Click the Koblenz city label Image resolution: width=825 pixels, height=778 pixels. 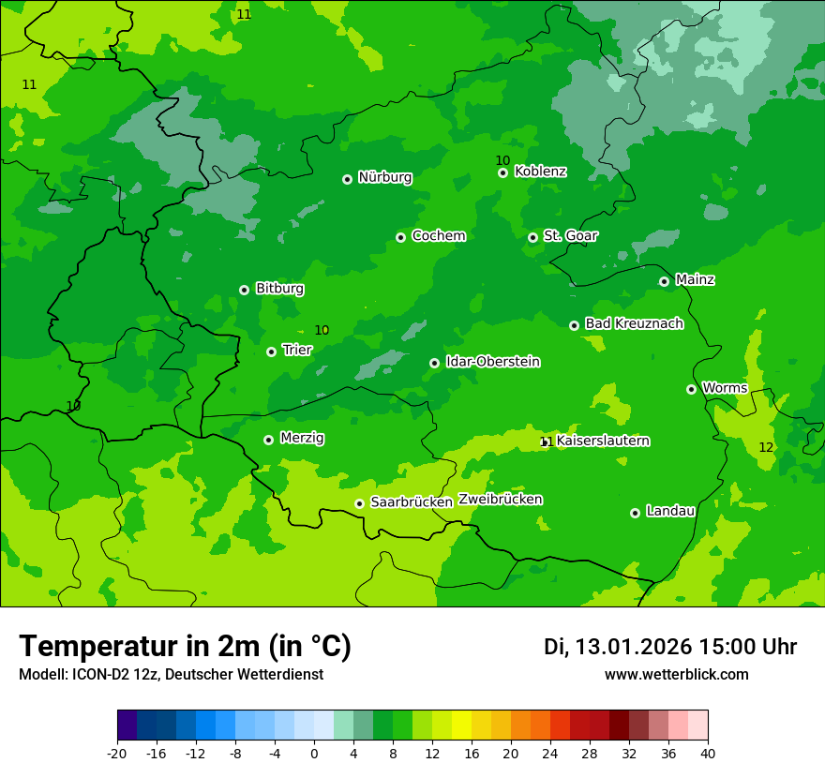pyautogui.click(x=540, y=172)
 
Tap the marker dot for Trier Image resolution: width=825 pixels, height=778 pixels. pyautogui.click(x=271, y=352)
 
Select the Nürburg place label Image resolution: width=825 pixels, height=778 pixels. pyautogui.click(x=384, y=177)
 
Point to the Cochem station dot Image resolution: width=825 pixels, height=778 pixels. pyautogui.click(x=400, y=237)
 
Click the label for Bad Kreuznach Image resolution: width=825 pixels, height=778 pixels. pyautogui.click(x=634, y=323)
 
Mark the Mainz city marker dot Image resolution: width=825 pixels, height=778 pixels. pyautogui.click(x=664, y=281)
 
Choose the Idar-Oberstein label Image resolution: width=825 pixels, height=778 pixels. pyautogui.click(x=492, y=362)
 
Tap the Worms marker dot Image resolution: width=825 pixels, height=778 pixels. pyautogui.click(x=691, y=389)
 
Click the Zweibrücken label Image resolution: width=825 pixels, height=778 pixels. pyautogui.click(x=500, y=500)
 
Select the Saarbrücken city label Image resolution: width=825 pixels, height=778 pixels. pyautogui.click(x=412, y=502)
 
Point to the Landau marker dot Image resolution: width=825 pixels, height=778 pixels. pyautogui.click(x=635, y=513)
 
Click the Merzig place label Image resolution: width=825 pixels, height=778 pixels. pyautogui.click(x=302, y=438)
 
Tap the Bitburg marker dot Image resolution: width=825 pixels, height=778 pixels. pyautogui.click(x=244, y=290)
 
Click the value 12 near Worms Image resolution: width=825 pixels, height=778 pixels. pyautogui.click(x=766, y=447)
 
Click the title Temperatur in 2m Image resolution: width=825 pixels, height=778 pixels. pyautogui.click(x=185, y=647)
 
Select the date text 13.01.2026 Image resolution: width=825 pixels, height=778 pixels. pyautogui.click(x=633, y=647)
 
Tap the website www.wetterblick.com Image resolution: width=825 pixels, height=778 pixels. pyautogui.click(x=676, y=675)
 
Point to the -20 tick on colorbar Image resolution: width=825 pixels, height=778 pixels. pyautogui.click(x=117, y=753)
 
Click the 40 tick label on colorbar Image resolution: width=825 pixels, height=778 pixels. pyautogui.click(x=707, y=753)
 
